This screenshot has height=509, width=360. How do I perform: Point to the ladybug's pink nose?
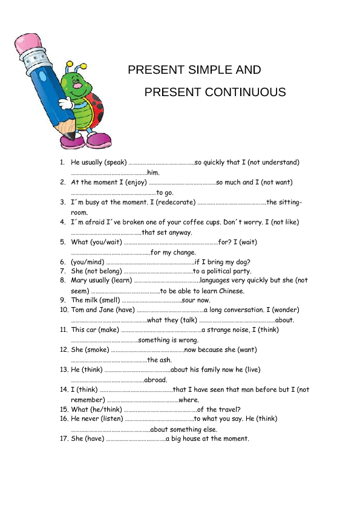click(x=79, y=85)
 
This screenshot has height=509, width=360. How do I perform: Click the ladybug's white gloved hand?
click(x=66, y=103)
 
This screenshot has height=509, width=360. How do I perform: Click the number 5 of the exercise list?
click(x=62, y=242)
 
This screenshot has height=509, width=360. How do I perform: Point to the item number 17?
click(x=63, y=439)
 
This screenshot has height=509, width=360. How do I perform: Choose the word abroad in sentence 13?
click(x=155, y=380)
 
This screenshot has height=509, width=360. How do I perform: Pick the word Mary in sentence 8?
click(x=79, y=280)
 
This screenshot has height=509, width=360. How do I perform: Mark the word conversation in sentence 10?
click(x=236, y=310)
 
